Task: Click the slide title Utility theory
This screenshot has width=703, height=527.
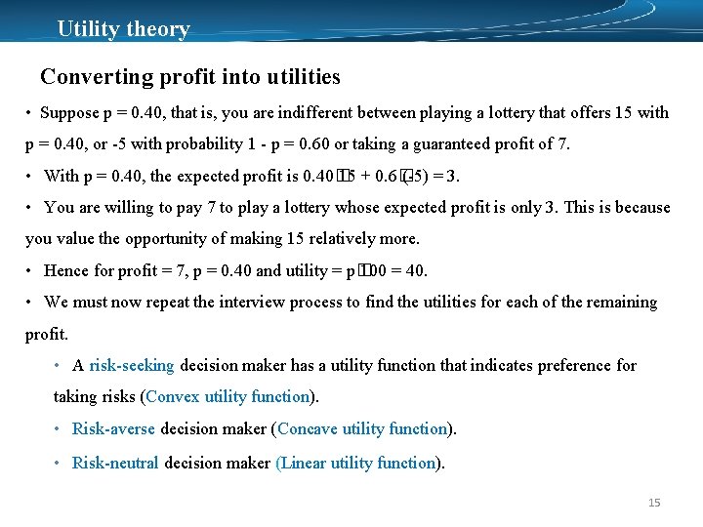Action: tap(123, 28)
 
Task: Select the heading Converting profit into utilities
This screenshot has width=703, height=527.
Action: tap(190, 76)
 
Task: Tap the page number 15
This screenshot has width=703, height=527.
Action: tap(654, 503)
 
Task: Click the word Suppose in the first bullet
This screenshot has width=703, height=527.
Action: tap(69, 112)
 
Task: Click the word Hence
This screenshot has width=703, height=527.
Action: tap(65, 270)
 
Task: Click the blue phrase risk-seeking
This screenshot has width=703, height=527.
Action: tap(132, 365)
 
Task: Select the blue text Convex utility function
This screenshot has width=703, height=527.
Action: tap(227, 396)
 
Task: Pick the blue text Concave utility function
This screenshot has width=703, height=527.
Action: tap(362, 428)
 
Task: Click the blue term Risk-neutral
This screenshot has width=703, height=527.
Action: tap(115, 463)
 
